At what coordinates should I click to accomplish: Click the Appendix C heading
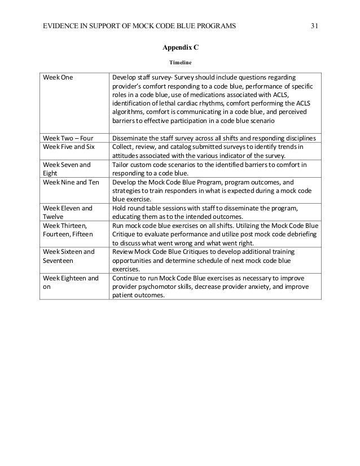pos(181,49)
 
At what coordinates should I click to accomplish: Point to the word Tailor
pos(121,165)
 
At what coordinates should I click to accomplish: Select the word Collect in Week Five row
pos(124,147)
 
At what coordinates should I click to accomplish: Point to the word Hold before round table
pos(120,209)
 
